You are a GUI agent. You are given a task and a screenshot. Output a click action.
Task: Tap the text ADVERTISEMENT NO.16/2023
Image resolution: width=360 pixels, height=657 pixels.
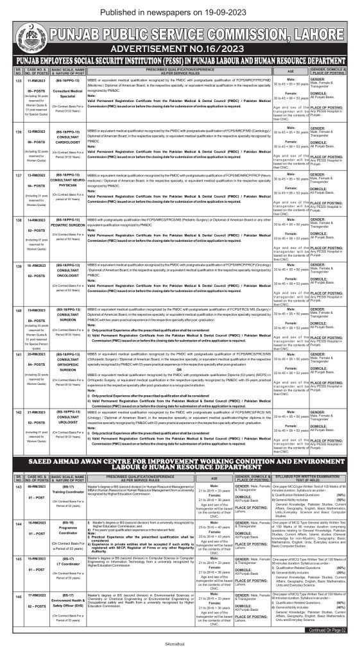180,49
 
